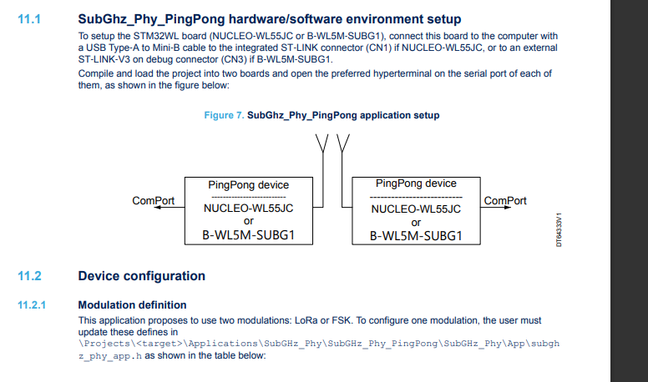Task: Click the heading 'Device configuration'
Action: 141,276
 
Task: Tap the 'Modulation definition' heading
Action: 132,305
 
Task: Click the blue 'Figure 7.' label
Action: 223,115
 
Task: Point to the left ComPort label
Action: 154,201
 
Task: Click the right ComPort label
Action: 505,201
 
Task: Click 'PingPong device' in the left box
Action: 248,185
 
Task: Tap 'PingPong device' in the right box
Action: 416,183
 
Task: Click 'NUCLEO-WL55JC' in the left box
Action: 248,208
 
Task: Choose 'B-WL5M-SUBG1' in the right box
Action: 416,236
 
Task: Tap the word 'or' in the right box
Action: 416,223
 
